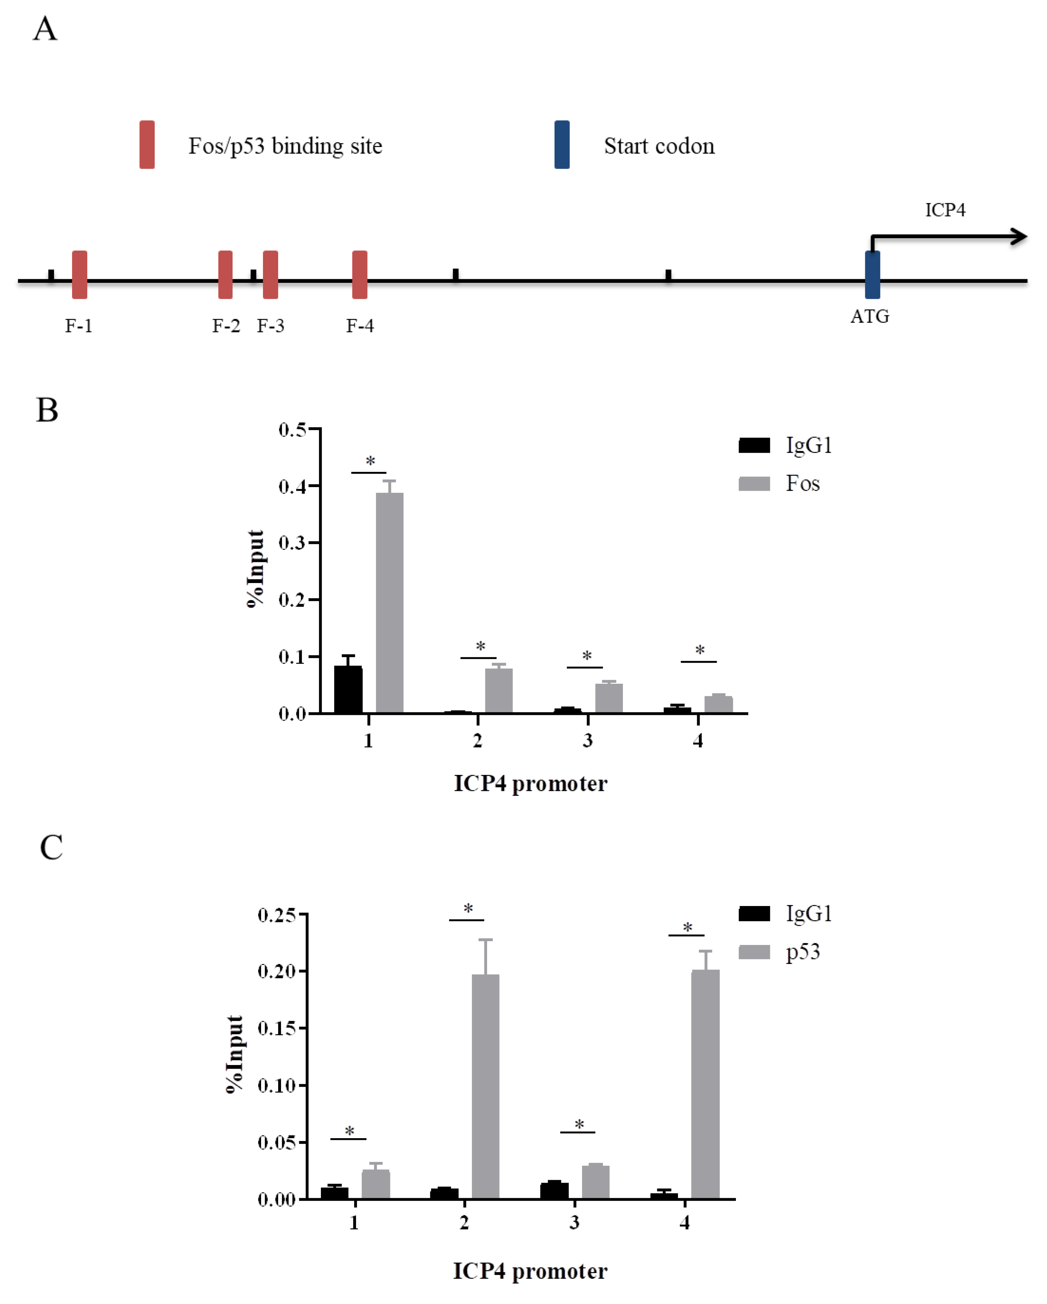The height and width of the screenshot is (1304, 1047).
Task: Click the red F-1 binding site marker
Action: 79,274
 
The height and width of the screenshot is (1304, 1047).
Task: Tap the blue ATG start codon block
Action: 872,274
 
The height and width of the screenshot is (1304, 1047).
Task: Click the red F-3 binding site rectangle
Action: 271,274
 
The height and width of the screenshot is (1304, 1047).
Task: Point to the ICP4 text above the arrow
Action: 945,210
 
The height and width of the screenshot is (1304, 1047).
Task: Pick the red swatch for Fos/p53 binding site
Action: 147,144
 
